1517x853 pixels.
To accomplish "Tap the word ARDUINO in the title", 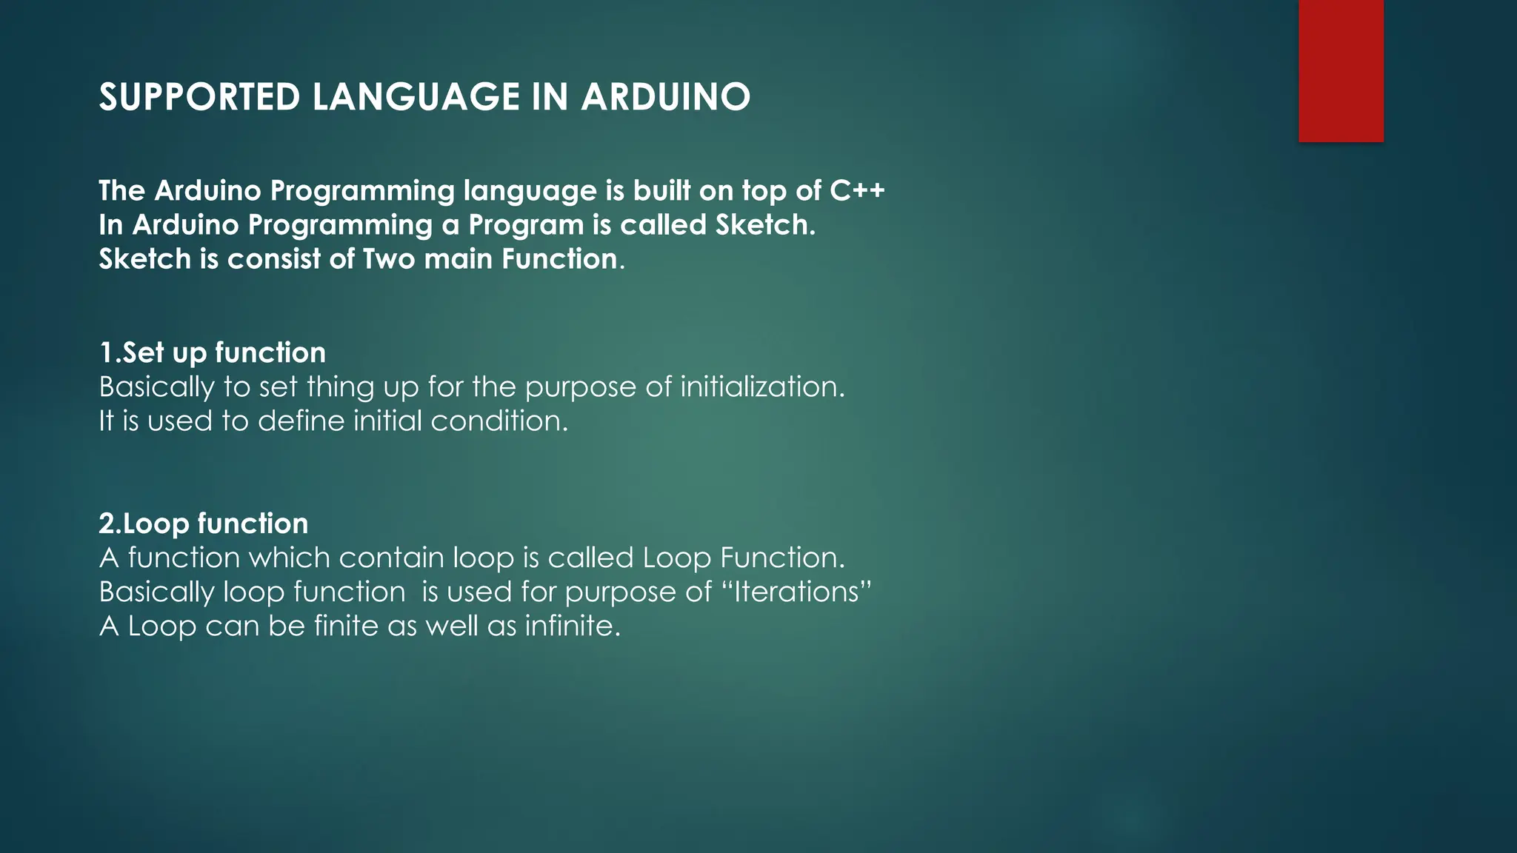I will click(665, 97).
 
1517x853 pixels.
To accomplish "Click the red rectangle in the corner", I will click(1341, 70).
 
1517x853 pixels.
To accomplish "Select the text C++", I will click(857, 191).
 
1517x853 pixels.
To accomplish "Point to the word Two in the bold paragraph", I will click(388, 259).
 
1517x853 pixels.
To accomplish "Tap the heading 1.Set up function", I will click(213, 352).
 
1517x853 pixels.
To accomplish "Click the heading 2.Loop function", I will click(204, 523).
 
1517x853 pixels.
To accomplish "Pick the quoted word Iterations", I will click(796, 592).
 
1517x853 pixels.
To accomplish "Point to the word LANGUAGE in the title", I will click(416, 97).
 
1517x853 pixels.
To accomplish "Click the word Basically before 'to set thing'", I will click(156, 387).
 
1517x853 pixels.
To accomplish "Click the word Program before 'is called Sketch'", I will click(525, 225).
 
